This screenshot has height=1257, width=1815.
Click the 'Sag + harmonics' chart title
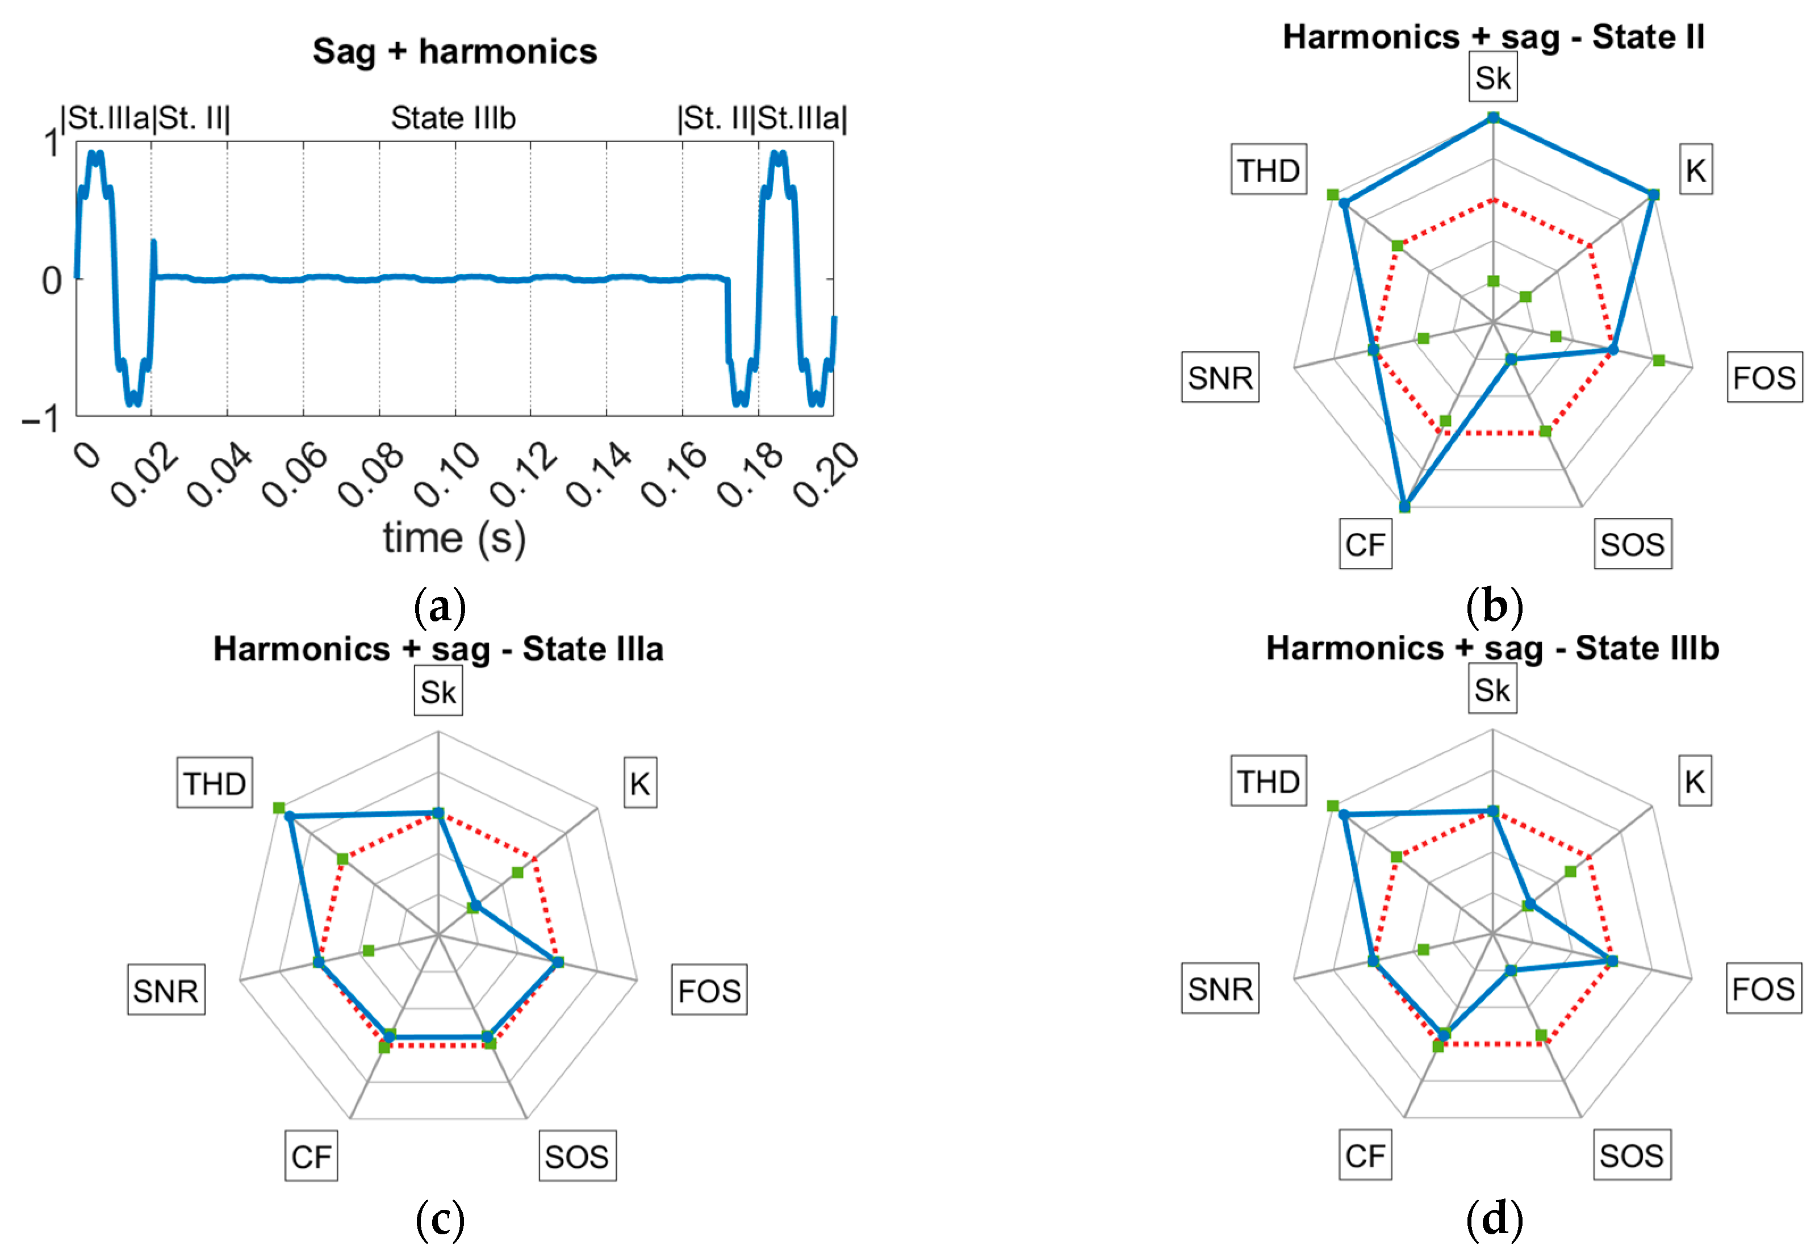point(454,52)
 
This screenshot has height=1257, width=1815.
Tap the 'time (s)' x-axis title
point(454,540)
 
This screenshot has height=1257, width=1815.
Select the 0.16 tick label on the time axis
point(675,474)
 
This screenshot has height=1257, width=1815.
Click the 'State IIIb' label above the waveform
point(454,118)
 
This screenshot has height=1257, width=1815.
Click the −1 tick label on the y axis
point(41,420)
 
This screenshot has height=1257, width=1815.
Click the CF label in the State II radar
point(1365,544)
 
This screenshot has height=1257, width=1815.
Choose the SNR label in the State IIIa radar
point(166,990)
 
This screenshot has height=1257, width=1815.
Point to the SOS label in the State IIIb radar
point(1632,1155)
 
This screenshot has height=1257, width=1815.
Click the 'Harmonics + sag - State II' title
point(1493,37)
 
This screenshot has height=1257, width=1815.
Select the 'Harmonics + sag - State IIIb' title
point(1492,648)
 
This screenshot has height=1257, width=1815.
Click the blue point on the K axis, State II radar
point(1653,194)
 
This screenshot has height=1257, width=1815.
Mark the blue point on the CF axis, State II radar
point(1405,506)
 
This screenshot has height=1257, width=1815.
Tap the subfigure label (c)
point(440,1219)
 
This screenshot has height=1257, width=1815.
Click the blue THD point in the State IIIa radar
point(290,817)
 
